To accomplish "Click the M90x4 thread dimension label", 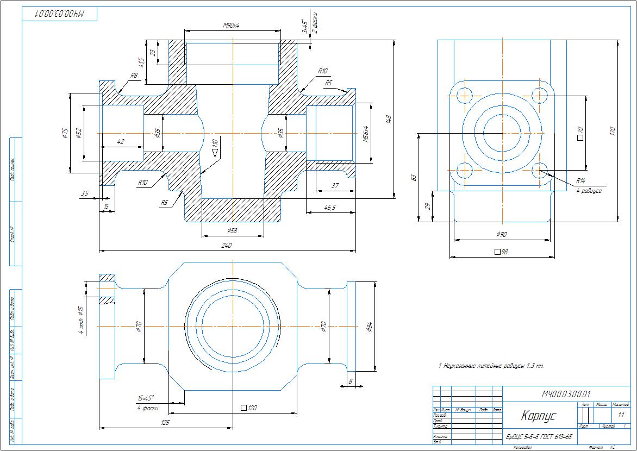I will coord(232,26).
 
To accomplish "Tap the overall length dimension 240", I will coord(227,246).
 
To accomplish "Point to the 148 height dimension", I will coord(388,119).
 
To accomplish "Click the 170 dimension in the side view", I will coord(612,131).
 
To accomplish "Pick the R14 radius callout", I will coord(582,181).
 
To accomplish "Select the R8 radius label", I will coord(134,76).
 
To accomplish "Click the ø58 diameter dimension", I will coord(232,231).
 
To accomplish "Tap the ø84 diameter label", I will coord(369,326).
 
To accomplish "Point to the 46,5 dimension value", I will coord(329,207).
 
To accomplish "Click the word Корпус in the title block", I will coord(538,416).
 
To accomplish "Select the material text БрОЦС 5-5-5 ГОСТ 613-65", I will coord(539,437).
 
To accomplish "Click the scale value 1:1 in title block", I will coord(621,415).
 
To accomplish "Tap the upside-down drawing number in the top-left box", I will coord(60,14).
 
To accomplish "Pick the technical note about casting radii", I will coord(491,366).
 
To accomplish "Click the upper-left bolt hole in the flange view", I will coord(464,95).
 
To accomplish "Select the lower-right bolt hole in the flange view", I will coord(540,170).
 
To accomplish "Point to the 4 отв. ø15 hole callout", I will coord(82,320).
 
